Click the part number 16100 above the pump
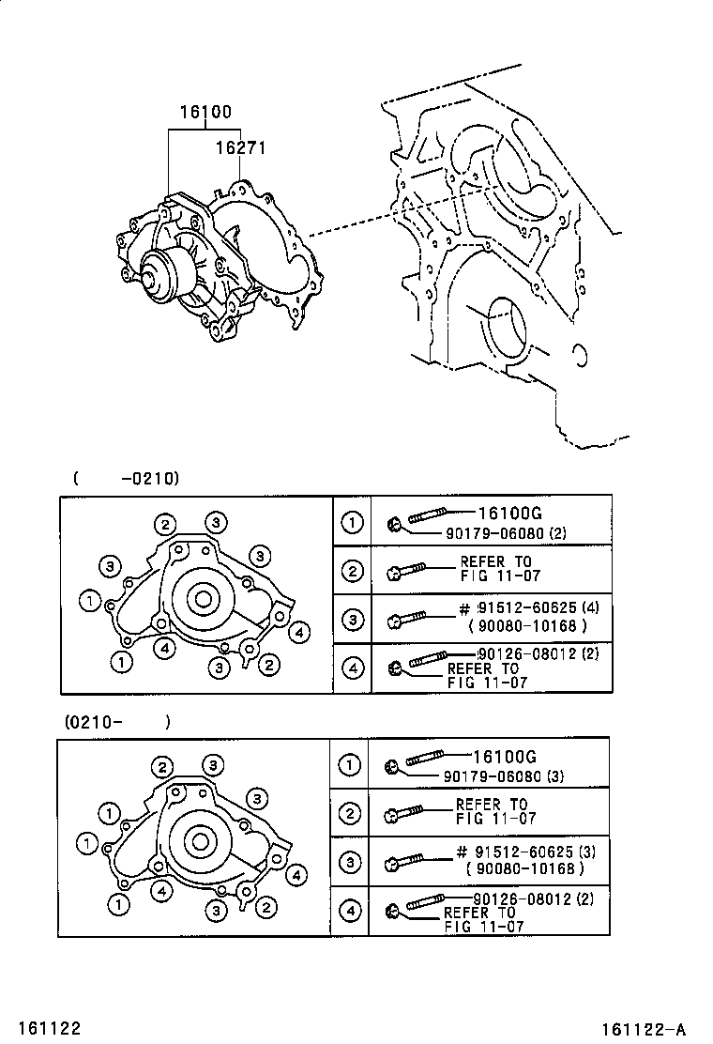(205, 112)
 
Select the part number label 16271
(241, 148)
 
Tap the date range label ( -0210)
(126, 477)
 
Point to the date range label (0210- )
(117, 722)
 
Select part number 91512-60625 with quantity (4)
(536, 607)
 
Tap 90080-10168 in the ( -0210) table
(530, 625)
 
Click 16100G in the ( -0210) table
(509, 513)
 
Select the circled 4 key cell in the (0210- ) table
(350, 911)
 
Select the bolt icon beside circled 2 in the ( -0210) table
(405, 569)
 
